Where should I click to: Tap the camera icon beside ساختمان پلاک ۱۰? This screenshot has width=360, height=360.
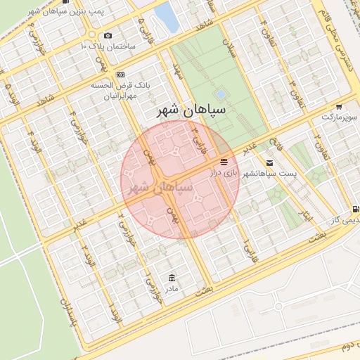click(108, 35)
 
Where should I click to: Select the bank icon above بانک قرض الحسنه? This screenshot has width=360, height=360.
click(121, 74)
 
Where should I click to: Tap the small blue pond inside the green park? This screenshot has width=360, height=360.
click(221, 94)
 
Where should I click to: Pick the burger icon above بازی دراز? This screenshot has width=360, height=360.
click(224, 162)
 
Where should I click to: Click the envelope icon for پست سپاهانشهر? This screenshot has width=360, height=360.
click(269, 162)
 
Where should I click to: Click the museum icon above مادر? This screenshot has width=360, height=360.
click(172, 278)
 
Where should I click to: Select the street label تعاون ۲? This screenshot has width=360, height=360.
click(316, 141)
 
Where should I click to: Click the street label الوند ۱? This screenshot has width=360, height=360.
click(116, 320)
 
